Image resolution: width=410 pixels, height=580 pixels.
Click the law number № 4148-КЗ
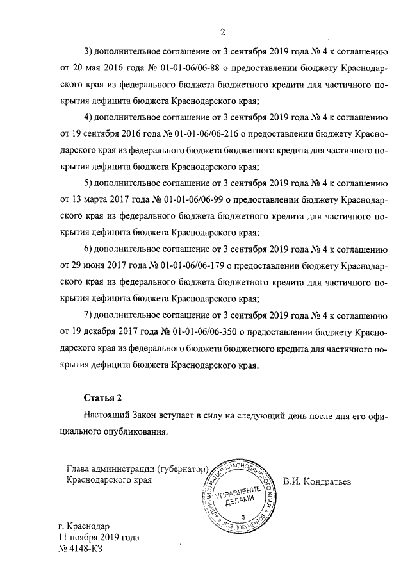pos(80,549)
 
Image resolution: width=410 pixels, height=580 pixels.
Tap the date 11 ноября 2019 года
pos(99,537)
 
